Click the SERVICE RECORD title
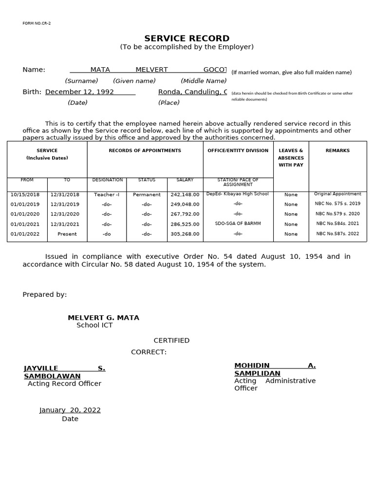pos(187,38)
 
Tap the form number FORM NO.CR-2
pos(37,23)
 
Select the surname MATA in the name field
pos(100,70)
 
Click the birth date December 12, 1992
pos(79,92)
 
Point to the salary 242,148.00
pos(185,194)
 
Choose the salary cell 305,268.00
pos(185,234)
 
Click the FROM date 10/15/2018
pos(25,194)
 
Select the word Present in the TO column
pos(67,234)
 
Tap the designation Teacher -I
pos(107,194)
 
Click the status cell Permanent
pos(147,194)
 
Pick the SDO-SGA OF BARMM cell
pos(238,224)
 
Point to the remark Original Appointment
pos(337,194)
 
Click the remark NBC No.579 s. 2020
pos(337,214)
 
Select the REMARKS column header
pos(337,151)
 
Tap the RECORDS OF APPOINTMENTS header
pos(145,151)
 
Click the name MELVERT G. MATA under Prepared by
pos(103,318)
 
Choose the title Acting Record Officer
pos(64,384)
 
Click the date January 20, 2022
pos(70,410)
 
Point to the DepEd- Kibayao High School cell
pos(238,194)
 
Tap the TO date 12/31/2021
pos(65,224)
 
